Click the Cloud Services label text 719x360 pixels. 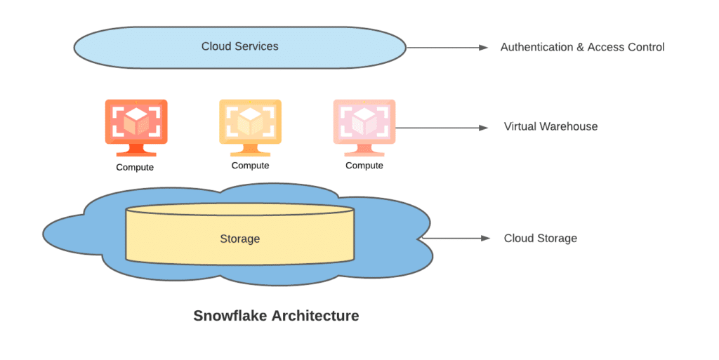point(239,46)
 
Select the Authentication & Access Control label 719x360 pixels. point(582,47)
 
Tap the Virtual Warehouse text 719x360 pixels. point(550,127)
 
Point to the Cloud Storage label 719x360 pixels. point(540,239)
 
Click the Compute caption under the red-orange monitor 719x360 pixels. point(135,168)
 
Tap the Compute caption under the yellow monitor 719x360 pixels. point(250,166)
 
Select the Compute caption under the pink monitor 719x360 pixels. point(364,166)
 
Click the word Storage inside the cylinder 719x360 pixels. point(239,239)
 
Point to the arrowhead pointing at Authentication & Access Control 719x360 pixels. point(483,48)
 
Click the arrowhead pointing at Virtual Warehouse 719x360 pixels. point(483,128)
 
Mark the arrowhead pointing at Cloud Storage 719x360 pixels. point(485,239)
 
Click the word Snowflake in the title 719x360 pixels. point(228,316)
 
